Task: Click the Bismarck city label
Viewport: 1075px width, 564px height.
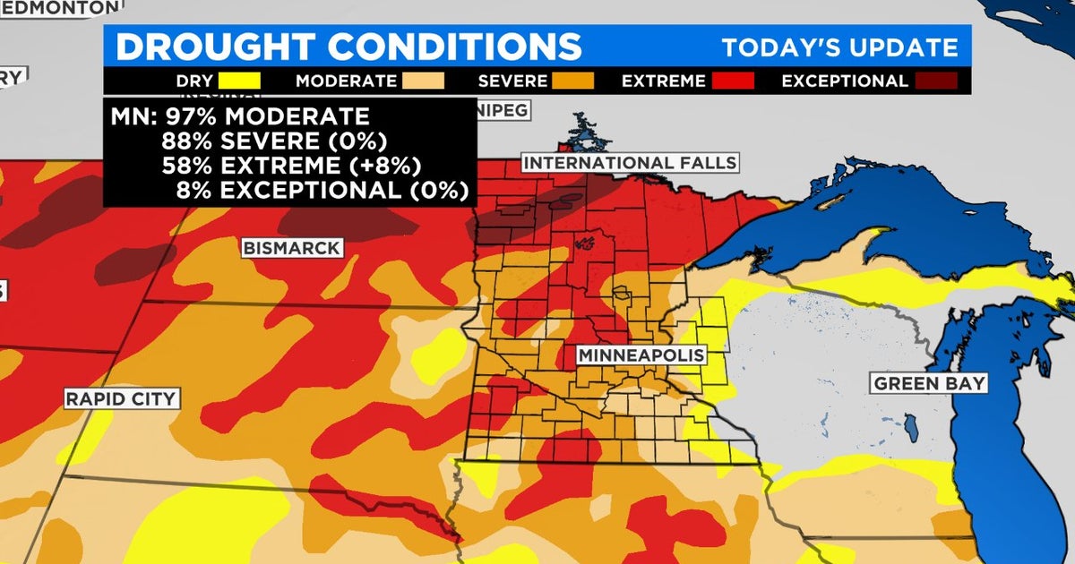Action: click(292, 247)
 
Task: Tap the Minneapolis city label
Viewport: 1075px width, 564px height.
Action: click(641, 355)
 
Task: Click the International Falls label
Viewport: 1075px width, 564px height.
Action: click(630, 163)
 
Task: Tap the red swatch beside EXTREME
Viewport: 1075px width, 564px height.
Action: click(734, 81)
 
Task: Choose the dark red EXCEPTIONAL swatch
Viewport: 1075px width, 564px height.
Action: click(935, 81)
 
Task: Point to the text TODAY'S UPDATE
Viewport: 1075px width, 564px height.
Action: click(840, 47)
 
